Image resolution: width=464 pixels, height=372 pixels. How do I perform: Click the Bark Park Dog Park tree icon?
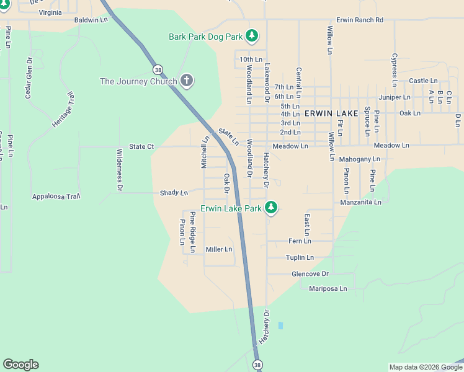point(251,37)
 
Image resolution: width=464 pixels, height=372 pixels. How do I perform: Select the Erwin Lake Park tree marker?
point(270,208)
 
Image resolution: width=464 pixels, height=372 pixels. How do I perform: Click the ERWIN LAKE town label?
point(331,113)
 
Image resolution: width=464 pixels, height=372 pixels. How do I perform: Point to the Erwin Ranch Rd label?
point(360,20)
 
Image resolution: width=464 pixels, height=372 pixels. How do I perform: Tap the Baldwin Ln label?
point(91,20)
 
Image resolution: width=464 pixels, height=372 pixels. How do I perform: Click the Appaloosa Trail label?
point(56,197)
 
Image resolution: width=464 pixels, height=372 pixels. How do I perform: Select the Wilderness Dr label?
point(119,169)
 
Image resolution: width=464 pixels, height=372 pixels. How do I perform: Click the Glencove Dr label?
point(310,273)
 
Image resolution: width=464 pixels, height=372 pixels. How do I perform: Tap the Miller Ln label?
point(218,249)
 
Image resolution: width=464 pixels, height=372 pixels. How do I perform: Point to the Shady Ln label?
point(174,193)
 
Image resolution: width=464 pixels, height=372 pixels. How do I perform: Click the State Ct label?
point(141,147)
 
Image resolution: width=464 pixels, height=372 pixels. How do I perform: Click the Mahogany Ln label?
point(360,159)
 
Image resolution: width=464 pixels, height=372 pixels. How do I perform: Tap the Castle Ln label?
point(423,81)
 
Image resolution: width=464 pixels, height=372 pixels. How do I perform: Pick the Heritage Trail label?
point(63,110)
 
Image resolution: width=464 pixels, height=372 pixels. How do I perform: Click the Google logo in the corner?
point(20,365)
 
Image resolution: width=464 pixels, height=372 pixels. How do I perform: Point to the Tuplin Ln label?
point(300,257)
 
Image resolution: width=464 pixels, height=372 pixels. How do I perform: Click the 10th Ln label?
point(251,60)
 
